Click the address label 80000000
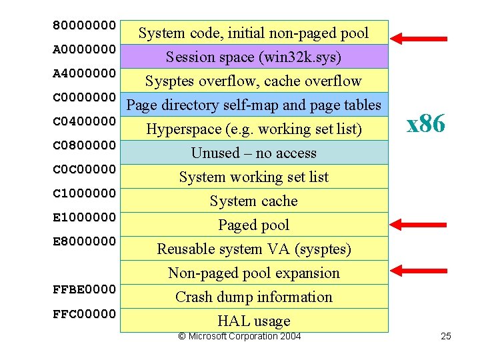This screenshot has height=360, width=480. (85, 25)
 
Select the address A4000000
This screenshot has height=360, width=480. (85, 73)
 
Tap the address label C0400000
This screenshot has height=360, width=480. (85, 121)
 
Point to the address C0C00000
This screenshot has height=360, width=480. (85, 169)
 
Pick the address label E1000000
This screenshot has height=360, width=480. (85, 217)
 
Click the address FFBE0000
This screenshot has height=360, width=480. (85, 289)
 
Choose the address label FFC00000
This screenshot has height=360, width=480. (85, 313)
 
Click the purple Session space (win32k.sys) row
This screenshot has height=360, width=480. (253, 57)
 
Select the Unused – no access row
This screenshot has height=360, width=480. (253, 153)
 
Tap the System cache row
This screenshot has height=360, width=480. (253, 201)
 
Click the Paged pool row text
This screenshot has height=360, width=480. (253, 225)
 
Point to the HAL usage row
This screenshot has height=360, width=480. (253, 321)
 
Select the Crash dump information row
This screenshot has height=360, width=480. (253, 297)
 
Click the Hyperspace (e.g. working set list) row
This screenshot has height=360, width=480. (253, 129)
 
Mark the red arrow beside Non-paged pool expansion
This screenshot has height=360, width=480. (419, 269)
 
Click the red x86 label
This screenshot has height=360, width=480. (426, 123)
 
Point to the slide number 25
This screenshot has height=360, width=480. (446, 336)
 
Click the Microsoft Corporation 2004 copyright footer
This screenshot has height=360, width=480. (239, 336)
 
